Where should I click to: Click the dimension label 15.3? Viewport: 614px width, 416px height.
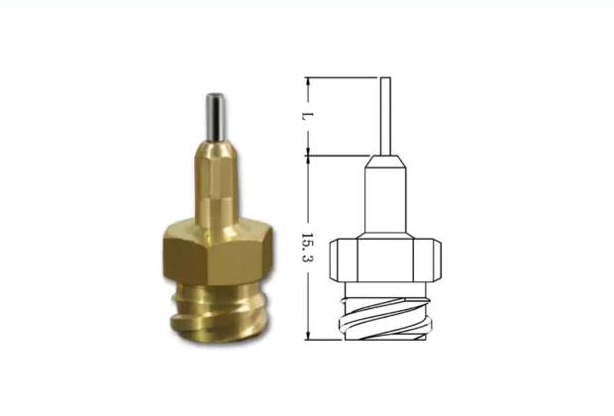[308, 248]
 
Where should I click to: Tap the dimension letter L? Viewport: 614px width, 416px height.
[308, 116]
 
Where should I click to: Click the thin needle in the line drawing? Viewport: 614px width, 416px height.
[385, 116]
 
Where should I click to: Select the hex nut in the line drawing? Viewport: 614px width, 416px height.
[385, 260]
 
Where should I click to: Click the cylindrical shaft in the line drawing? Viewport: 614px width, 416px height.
[385, 200]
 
